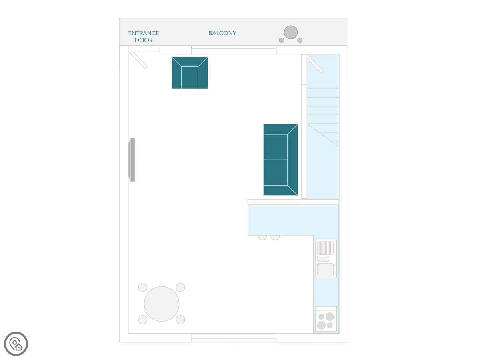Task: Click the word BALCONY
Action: click(x=222, y=33)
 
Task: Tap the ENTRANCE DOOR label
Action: click(x=144, y=37)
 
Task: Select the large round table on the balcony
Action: click(x=291, y=32)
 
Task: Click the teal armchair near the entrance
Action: click(x=190, y=73)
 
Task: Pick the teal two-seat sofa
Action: click(x=280, y=160)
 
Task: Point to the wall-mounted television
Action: click(x=132, y=160)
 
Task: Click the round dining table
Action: click(x=162, y=304)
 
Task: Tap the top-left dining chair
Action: click(x=143, y=287)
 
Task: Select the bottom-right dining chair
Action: click(x=180, y=320)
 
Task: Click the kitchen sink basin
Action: click(x=325, y=270)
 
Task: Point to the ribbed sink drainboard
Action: click(x=325, y=248)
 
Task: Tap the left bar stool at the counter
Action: click(x=262, y=237)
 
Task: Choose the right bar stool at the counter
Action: click(x=275, y=237)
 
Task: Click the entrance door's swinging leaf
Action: click(x=138, y=60)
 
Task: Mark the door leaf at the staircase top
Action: click(x=315, y=64)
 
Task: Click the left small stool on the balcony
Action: click(x=282, y=40)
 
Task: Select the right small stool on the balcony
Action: click(x=300, y=40)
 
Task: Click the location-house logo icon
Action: click(x=16, y=344)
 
